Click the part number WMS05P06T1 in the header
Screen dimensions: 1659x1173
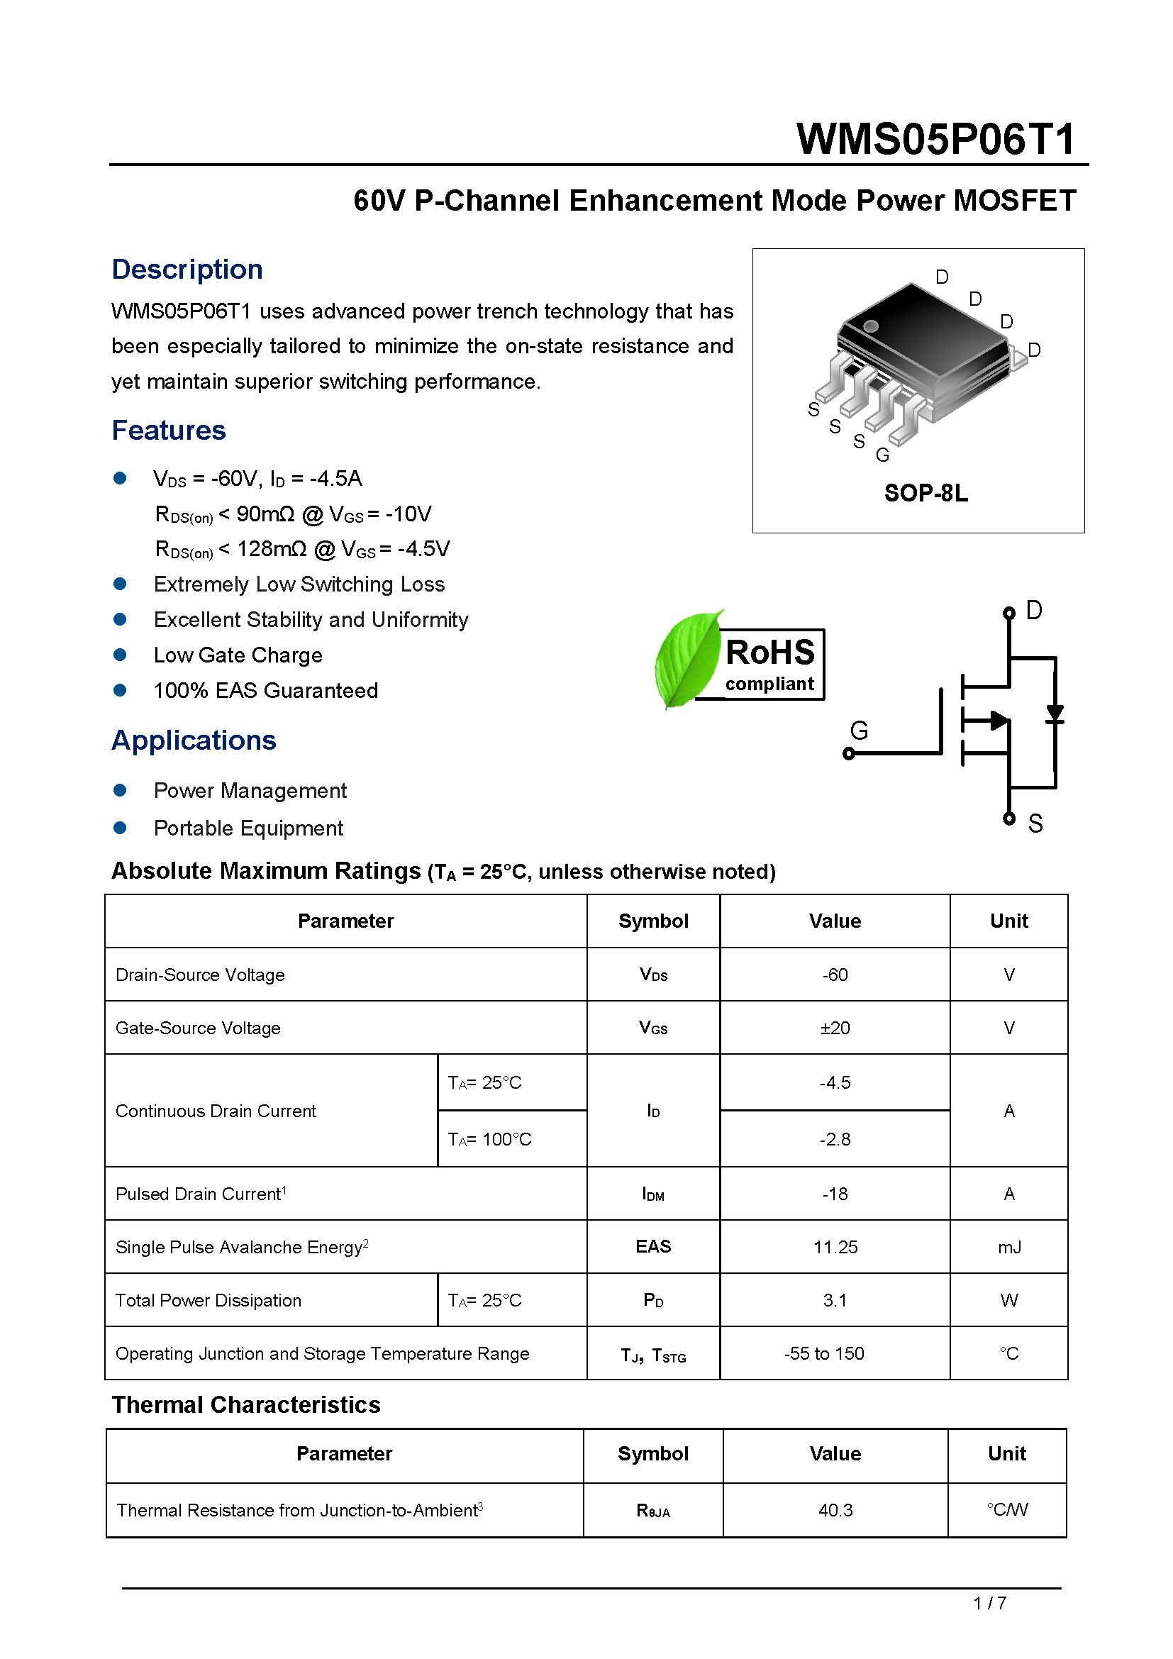[x=935, y=139]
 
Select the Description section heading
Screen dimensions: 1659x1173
[x=187, y=270]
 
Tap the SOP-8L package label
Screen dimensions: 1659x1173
[x=925, y=493]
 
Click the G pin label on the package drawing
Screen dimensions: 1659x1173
[x=882, y=455]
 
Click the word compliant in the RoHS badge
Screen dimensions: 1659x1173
[x=769, y=684]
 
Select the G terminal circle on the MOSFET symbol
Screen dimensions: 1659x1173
[x=849, y=755]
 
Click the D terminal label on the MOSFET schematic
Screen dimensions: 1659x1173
[x=1033, y=611]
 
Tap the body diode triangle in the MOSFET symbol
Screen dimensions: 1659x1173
[x=1055, y=714]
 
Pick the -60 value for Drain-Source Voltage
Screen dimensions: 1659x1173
[x=834, y=975]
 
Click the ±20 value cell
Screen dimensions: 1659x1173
[x=834, y=1028]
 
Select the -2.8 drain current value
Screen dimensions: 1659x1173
[x=834, y=1140]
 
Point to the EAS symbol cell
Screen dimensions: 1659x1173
[x=653, y=1246]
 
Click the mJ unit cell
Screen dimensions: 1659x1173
[x=1008, y=1247]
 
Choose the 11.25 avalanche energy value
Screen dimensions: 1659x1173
[x=834, y=1247]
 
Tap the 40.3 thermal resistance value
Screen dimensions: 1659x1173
[x=835, y=1510]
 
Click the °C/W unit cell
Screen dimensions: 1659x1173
[x=1007, y=1509]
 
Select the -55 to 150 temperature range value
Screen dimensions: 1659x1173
[x=823, y=1353]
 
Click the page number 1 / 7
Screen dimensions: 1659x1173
[x=989, y=1604]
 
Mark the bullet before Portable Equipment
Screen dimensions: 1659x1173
[x=120, y=828]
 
